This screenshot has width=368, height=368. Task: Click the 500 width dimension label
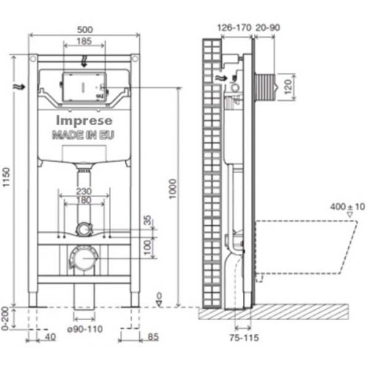point(85,29)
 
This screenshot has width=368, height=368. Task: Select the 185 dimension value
point(84,41)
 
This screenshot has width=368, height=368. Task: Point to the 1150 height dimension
point(6,177)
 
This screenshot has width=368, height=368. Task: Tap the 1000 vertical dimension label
point(173,189)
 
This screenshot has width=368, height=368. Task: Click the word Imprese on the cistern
point(84,121)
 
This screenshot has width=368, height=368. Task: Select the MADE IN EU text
point(83,135)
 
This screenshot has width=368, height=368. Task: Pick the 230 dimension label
point(84,191)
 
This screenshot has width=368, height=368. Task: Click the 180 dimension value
point(84,200)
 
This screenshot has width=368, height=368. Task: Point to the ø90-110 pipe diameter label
point(85,329)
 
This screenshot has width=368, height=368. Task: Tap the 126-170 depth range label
point(235,27)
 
